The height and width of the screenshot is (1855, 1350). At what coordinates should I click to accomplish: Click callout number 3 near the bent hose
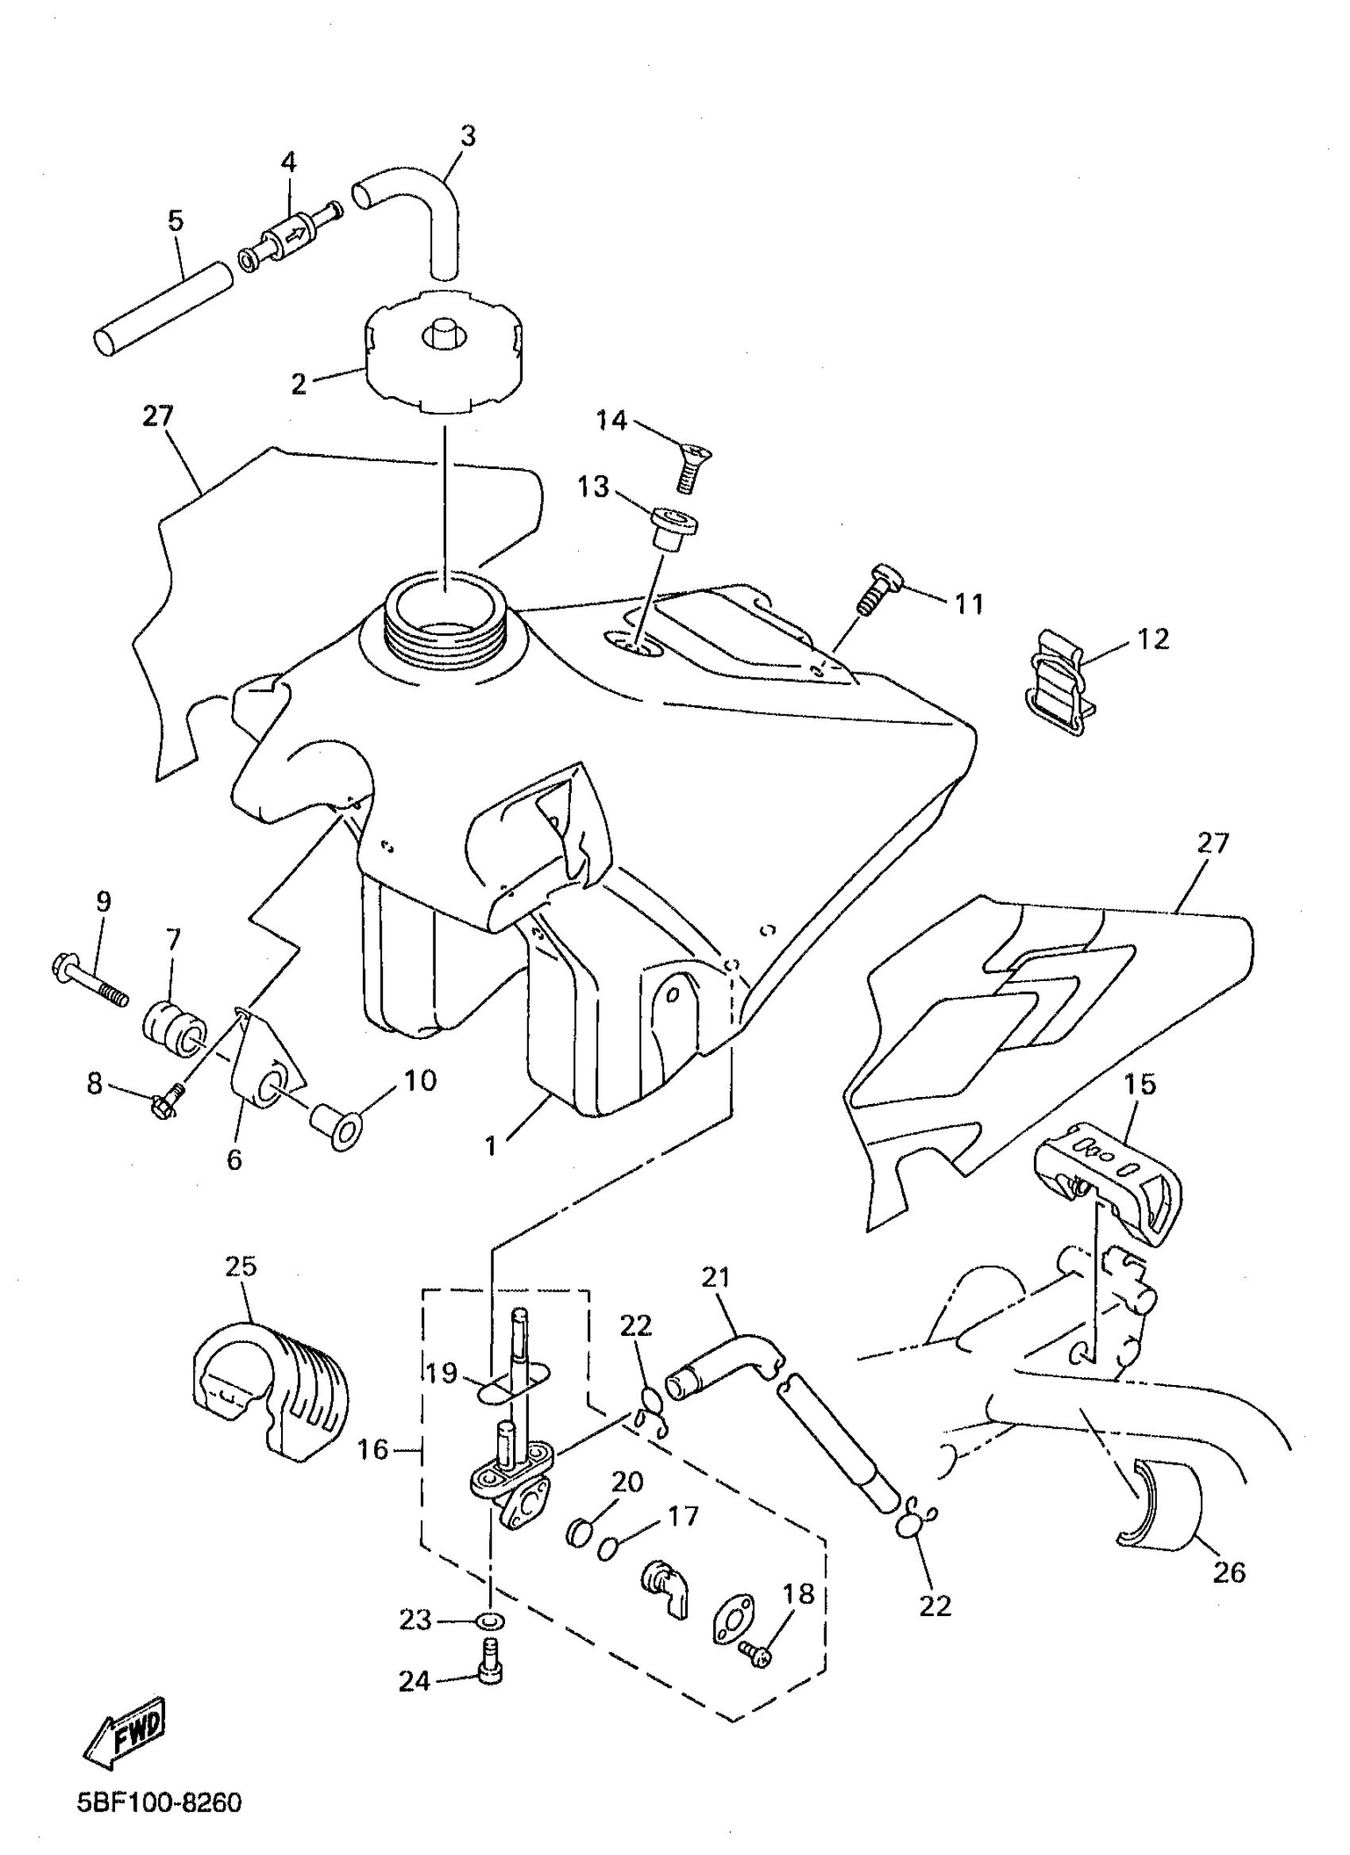pyautogui.click(x=467, y=136)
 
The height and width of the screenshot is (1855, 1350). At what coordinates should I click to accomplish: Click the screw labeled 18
pyautogui.click(x=755, y=1657)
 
